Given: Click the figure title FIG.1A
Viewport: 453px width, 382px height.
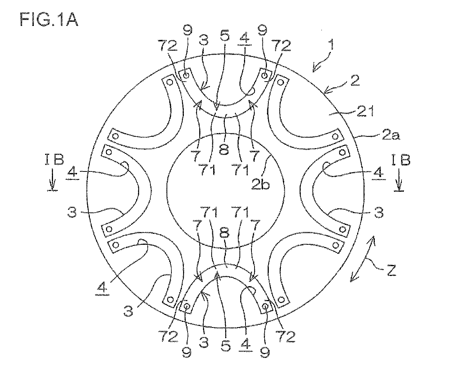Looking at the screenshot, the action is [49, 20].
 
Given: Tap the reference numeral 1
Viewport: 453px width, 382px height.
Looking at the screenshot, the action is [331, 45].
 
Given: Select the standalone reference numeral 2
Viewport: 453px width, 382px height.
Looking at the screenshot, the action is [355, 81].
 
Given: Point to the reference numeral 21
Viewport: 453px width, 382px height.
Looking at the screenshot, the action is [367, 112].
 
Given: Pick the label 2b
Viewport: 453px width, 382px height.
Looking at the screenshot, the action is [261, 185].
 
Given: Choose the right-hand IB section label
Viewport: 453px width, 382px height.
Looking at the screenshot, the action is [401, 160].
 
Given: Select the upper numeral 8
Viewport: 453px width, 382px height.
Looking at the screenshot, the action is [224, 149].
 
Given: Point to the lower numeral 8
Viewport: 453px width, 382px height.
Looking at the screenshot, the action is [224, 233].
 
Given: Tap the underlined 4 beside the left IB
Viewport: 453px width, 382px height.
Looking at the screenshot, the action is [73, 173].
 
